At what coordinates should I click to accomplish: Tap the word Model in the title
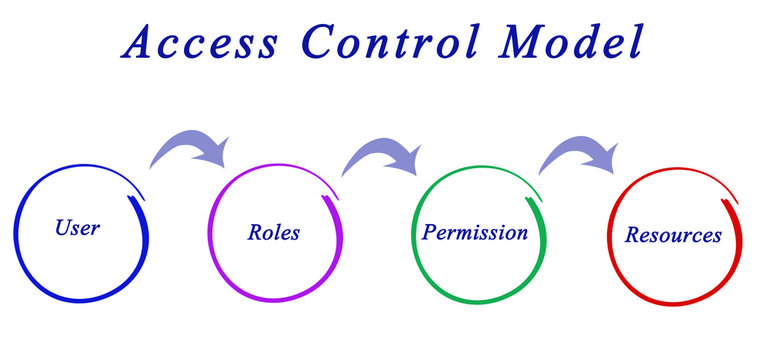pos(572,41)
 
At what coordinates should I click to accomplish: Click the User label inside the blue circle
pos(77,228)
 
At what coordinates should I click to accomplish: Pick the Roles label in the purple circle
pos(273,234)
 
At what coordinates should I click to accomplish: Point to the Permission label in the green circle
pos(475,233)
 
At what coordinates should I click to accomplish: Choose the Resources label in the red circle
pos(673,236)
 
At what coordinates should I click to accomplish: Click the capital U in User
pos(62,228)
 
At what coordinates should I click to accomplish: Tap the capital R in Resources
pos(633,236)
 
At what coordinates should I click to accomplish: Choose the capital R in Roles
pos(255,234)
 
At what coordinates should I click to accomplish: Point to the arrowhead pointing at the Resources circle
pos(602,158)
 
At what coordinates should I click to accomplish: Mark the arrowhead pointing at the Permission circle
pos(405,160)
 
